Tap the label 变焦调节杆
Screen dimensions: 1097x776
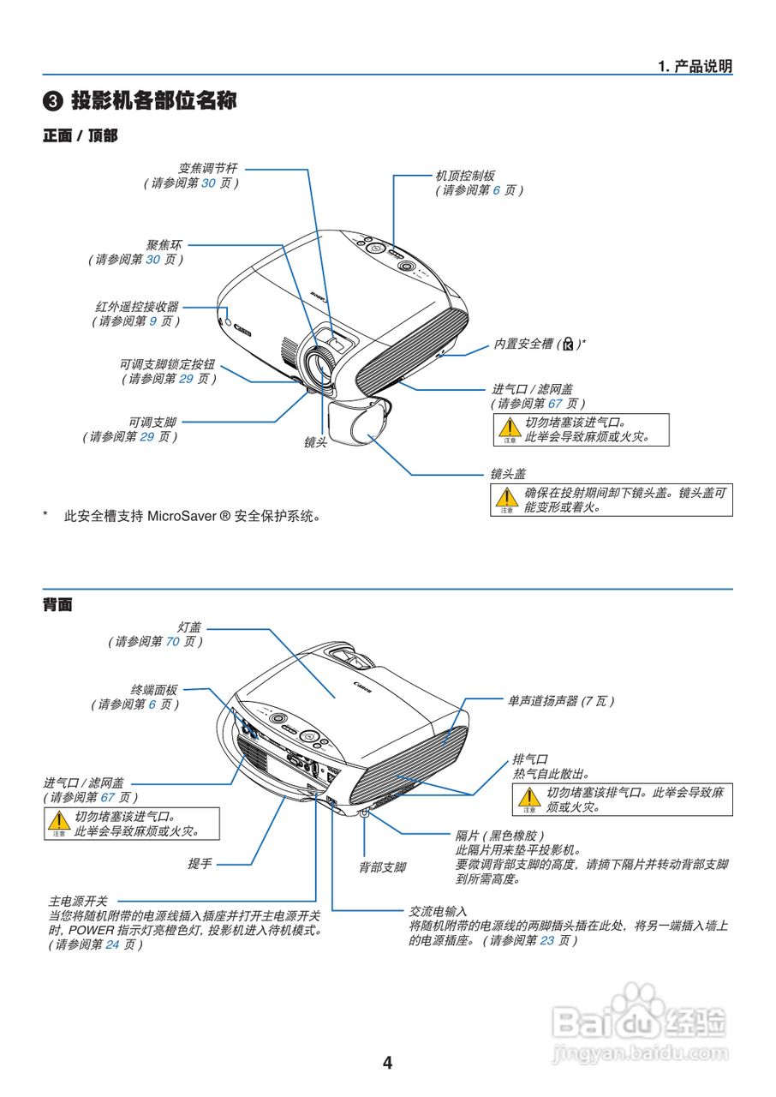(x=207, y=169)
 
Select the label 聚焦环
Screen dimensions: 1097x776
(x=164, y=244)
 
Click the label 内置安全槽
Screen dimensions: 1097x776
(x=523, y=344)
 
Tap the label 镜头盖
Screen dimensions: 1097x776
(x=508, y=473)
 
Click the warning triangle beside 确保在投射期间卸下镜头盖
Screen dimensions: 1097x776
(x=510, y=497)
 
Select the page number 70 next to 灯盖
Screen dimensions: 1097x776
(x=172, y=641)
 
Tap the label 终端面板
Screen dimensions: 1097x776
(x=154, y=689)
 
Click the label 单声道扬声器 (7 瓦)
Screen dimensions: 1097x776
(x=560, y=701)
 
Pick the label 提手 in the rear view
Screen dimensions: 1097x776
(x=200, y=864)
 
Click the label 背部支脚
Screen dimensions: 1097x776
(x=382, y=867)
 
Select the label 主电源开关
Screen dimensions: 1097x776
(x=78, y=902)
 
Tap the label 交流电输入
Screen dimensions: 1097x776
(x=438, y=911)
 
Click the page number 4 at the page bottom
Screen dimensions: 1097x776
(x=387, y=1063)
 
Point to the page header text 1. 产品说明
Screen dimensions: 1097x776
(x=695, y=67)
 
